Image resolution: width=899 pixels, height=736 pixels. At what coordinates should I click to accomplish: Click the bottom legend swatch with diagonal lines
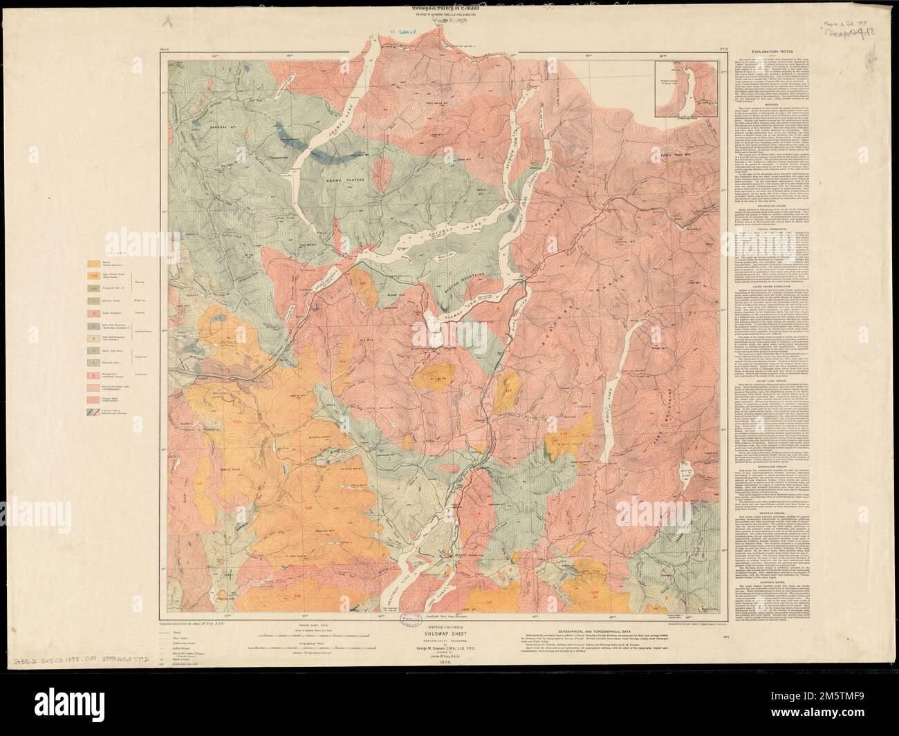click(91, 413)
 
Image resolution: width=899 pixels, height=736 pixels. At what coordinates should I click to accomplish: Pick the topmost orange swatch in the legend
click(91, 263)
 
